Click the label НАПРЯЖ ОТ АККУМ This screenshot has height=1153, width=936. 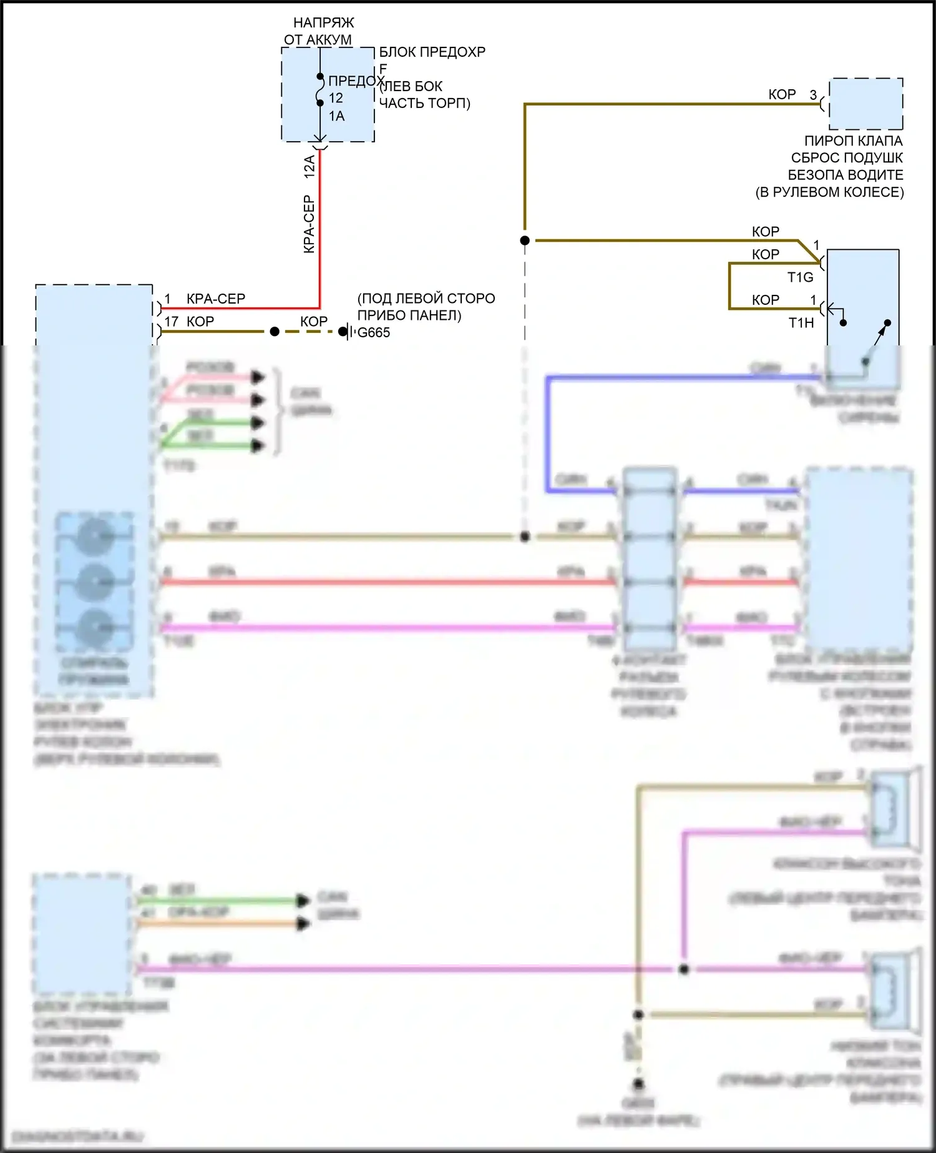tap(319, 31)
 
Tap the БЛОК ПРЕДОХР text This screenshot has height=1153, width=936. tap(432, 52)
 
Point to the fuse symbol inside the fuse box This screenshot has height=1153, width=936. tap(320, 90)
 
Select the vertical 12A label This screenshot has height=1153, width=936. tap(310, 167)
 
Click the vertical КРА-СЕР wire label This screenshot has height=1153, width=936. tap(309, 224)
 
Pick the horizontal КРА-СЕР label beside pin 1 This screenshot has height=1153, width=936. tap(216, 299)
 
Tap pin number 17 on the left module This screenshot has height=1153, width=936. tap(172, 322)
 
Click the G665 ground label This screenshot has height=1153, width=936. tap(374, 333)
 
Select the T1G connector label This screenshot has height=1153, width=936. tap(801, 277)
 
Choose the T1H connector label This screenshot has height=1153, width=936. tap(801, 323)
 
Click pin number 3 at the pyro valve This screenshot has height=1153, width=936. tap(813, 95)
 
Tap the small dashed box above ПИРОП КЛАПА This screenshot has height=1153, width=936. tap(865, 104)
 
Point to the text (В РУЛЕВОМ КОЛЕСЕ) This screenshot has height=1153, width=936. tap(829, 192)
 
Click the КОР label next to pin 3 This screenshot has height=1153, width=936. tap(782, 94)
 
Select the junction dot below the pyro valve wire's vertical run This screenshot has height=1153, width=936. tap(525, 240)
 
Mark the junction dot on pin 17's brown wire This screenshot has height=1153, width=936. tap(275, 332)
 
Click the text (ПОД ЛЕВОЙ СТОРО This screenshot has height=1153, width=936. tap(426, 299)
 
